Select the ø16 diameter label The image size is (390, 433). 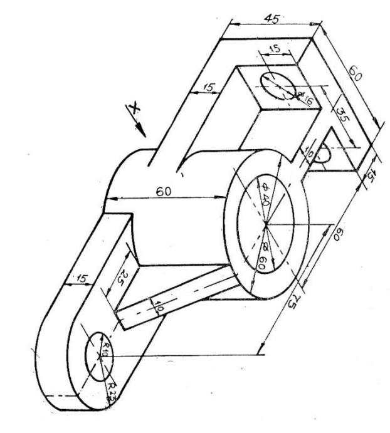[x=307, y=98]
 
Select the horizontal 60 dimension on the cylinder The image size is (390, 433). [x=164, y=191]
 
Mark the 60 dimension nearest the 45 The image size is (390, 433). [x=356, y=76]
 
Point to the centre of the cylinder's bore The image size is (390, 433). [x=265, y=223]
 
